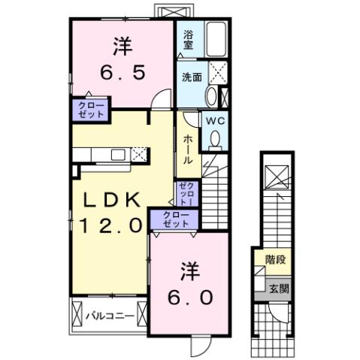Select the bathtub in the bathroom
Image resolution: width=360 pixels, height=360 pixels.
(x=216, y=39)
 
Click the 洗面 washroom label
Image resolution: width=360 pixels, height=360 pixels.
(x=190, y=77)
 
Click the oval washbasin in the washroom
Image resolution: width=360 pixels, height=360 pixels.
(x=211, y=96)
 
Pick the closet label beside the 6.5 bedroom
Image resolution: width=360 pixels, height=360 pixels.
(x=89, y=110)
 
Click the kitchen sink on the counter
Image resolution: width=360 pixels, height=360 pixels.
(x=118, y=155)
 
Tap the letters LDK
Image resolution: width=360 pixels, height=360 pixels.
(x=110, y=200)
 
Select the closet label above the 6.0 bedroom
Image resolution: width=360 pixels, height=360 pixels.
(x=175, y=219)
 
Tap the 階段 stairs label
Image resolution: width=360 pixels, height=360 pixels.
(x=276, y=261)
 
